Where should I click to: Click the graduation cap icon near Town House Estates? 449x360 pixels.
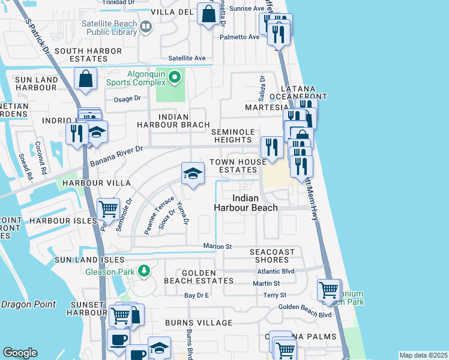click(x=193, y=174)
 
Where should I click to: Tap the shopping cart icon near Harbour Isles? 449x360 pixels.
click(x=108, y=209)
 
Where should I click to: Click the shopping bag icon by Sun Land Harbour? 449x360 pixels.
click(x=86, y=79)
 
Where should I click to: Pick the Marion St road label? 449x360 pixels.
click(x=217, y=247)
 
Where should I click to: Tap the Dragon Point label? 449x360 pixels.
click(x=28, y=305)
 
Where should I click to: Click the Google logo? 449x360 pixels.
click(x=20, y=353)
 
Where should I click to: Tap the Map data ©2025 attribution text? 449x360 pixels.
click(x=423, y=355)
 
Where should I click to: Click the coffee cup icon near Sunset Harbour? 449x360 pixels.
click(x=118, y=339)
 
